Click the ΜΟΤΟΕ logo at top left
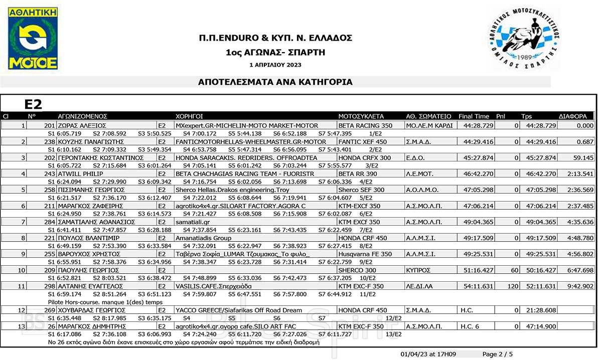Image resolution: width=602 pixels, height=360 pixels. (33, 39)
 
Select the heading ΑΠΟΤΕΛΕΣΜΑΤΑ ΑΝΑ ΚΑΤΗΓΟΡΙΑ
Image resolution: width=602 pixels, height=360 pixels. (275, 82)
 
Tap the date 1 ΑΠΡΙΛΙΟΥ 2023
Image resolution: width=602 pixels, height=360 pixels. (275, 65)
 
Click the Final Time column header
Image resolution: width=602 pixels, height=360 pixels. (474, 116)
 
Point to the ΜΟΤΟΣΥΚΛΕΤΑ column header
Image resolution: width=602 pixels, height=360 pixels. (361, 116)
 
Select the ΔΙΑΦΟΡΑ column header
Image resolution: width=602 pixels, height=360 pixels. (572, 116)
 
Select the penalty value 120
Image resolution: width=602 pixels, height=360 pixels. (512, 286)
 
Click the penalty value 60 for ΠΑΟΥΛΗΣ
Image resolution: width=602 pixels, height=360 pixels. (514, 270)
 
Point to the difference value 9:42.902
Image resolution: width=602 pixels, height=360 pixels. (580, 286)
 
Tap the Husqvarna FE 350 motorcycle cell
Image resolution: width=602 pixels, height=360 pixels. (365, 254)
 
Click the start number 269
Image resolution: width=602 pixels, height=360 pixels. (49, 310)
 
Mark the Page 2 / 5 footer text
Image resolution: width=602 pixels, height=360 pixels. (498, 354)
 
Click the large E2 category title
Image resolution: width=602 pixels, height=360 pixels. (33, 104)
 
